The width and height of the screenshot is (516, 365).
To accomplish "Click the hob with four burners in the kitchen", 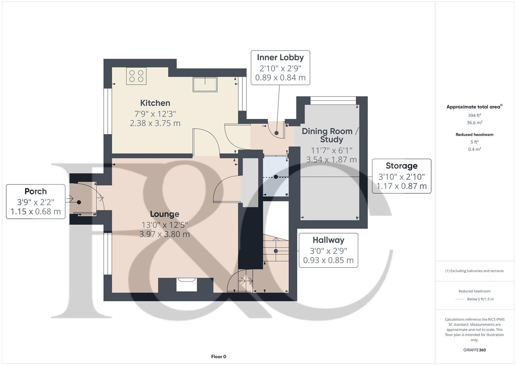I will coord(137,76).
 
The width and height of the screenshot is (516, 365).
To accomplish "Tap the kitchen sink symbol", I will coord(205,84).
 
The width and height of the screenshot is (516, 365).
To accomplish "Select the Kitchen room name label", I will coord(155,103).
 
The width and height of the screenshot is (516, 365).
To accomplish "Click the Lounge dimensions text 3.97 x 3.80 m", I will coord(165,234).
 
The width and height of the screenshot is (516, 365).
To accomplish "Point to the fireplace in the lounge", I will coord(187,284).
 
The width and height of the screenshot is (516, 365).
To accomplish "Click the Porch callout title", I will coord(35,191).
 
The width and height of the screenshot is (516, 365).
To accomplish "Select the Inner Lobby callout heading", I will coord(280,57).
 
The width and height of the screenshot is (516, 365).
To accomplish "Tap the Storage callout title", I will coord(401,166).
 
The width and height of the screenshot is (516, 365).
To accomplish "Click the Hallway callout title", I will coord(328,240).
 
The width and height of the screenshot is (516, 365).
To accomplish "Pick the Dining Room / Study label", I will coord(327,135).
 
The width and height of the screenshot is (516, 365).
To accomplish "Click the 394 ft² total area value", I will coord(474,115).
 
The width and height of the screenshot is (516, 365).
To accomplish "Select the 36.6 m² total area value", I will coord(474,123).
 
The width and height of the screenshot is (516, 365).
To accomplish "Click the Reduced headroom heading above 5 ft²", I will coord(474,135).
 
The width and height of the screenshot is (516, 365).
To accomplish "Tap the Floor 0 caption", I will coord(219,357).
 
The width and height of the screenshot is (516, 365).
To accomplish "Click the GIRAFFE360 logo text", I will coord(474,350).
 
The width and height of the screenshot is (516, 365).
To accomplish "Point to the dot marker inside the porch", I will coord(79,202).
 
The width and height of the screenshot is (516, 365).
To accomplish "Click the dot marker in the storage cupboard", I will coord(276,177).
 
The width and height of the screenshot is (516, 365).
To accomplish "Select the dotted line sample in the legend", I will coord(460,299).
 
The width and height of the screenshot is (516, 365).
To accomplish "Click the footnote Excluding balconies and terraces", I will coord(474,271).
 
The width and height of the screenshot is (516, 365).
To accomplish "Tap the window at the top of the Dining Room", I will coord(333,99).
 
